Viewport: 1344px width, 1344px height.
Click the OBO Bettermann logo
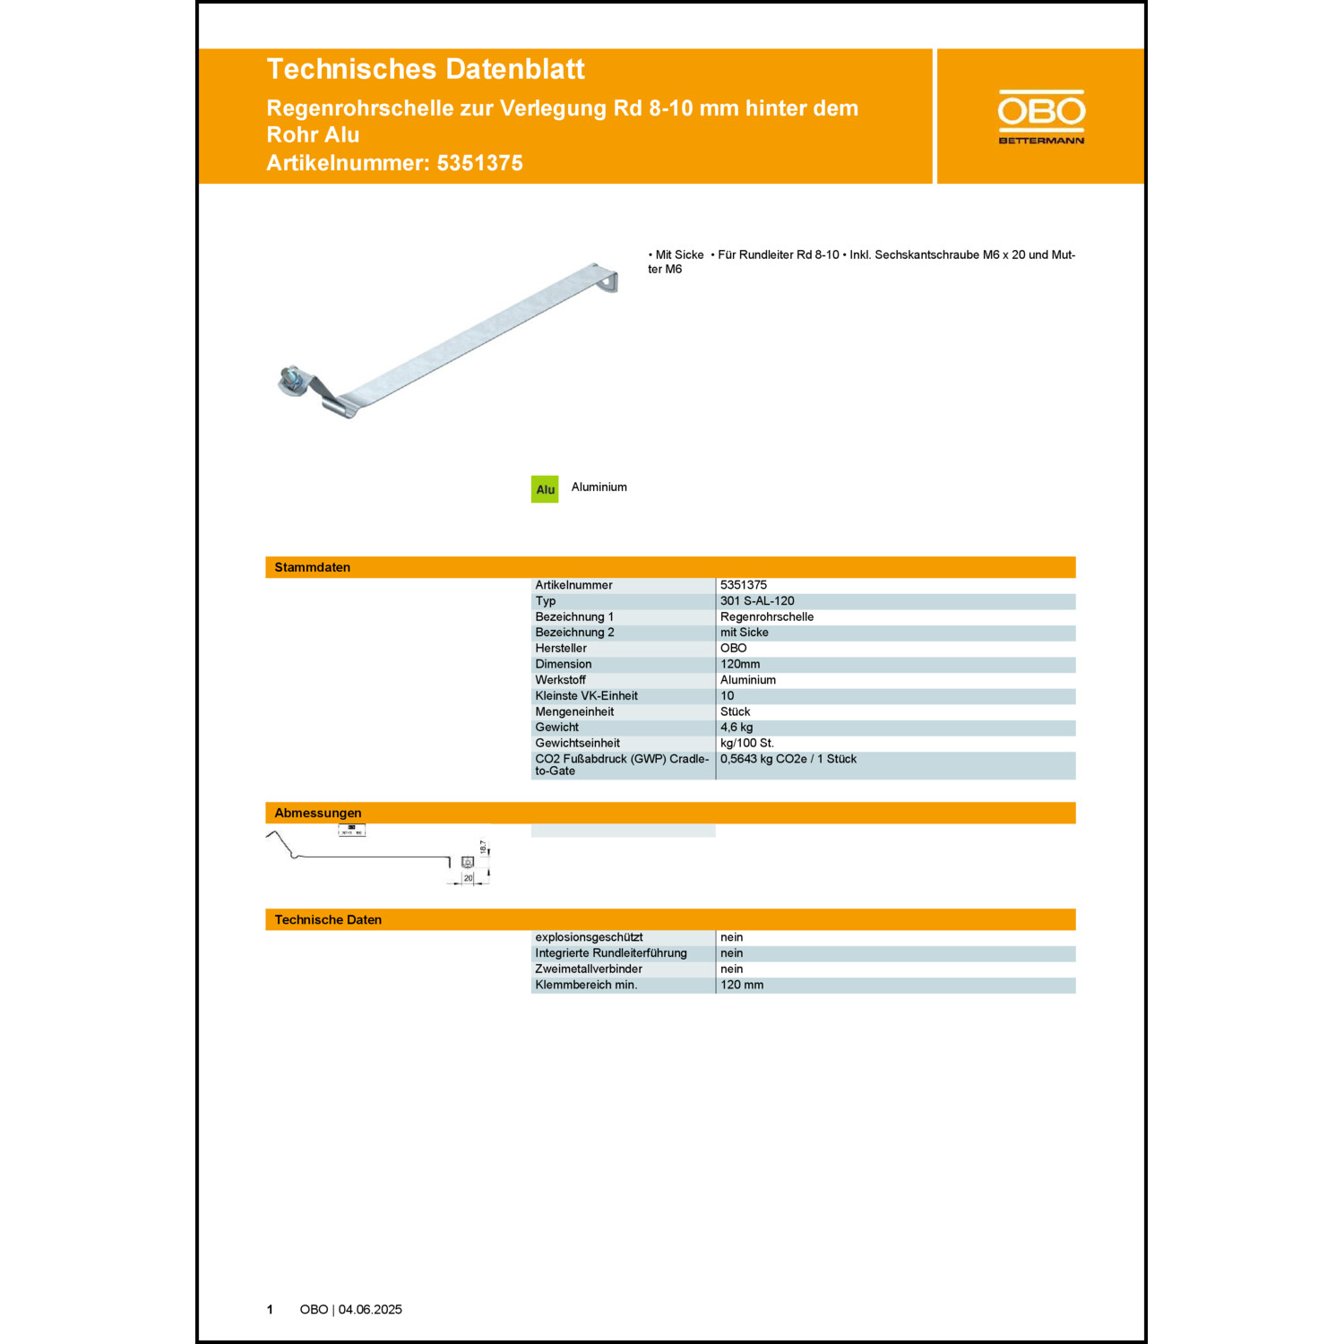(1041, 116)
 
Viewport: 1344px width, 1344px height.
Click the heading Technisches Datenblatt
(426, 69)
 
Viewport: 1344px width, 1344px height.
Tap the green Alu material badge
(545, 489)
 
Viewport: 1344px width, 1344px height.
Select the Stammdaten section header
(313, 567)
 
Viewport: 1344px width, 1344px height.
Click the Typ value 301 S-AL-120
(757, 601)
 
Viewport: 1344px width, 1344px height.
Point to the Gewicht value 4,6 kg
(737, 728)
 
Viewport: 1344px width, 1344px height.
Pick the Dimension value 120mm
(740, 664)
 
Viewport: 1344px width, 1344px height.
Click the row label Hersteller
(561, 649)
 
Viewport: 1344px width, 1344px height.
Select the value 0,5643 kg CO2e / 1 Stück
(788, 759)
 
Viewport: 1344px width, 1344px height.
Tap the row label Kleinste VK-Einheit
(587, 696)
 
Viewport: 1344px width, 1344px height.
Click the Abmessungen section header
(318, 813)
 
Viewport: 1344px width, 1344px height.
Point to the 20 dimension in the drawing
(468, 878)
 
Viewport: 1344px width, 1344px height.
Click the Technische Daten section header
(328, 919)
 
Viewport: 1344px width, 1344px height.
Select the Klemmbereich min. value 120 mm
(742, 985)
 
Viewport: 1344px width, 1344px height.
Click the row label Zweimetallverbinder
(589, 969)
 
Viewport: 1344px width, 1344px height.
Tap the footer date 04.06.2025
(370, 1310)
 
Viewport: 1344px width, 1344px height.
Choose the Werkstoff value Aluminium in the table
(748, 680)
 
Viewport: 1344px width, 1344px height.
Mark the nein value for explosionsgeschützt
(732, 937)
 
